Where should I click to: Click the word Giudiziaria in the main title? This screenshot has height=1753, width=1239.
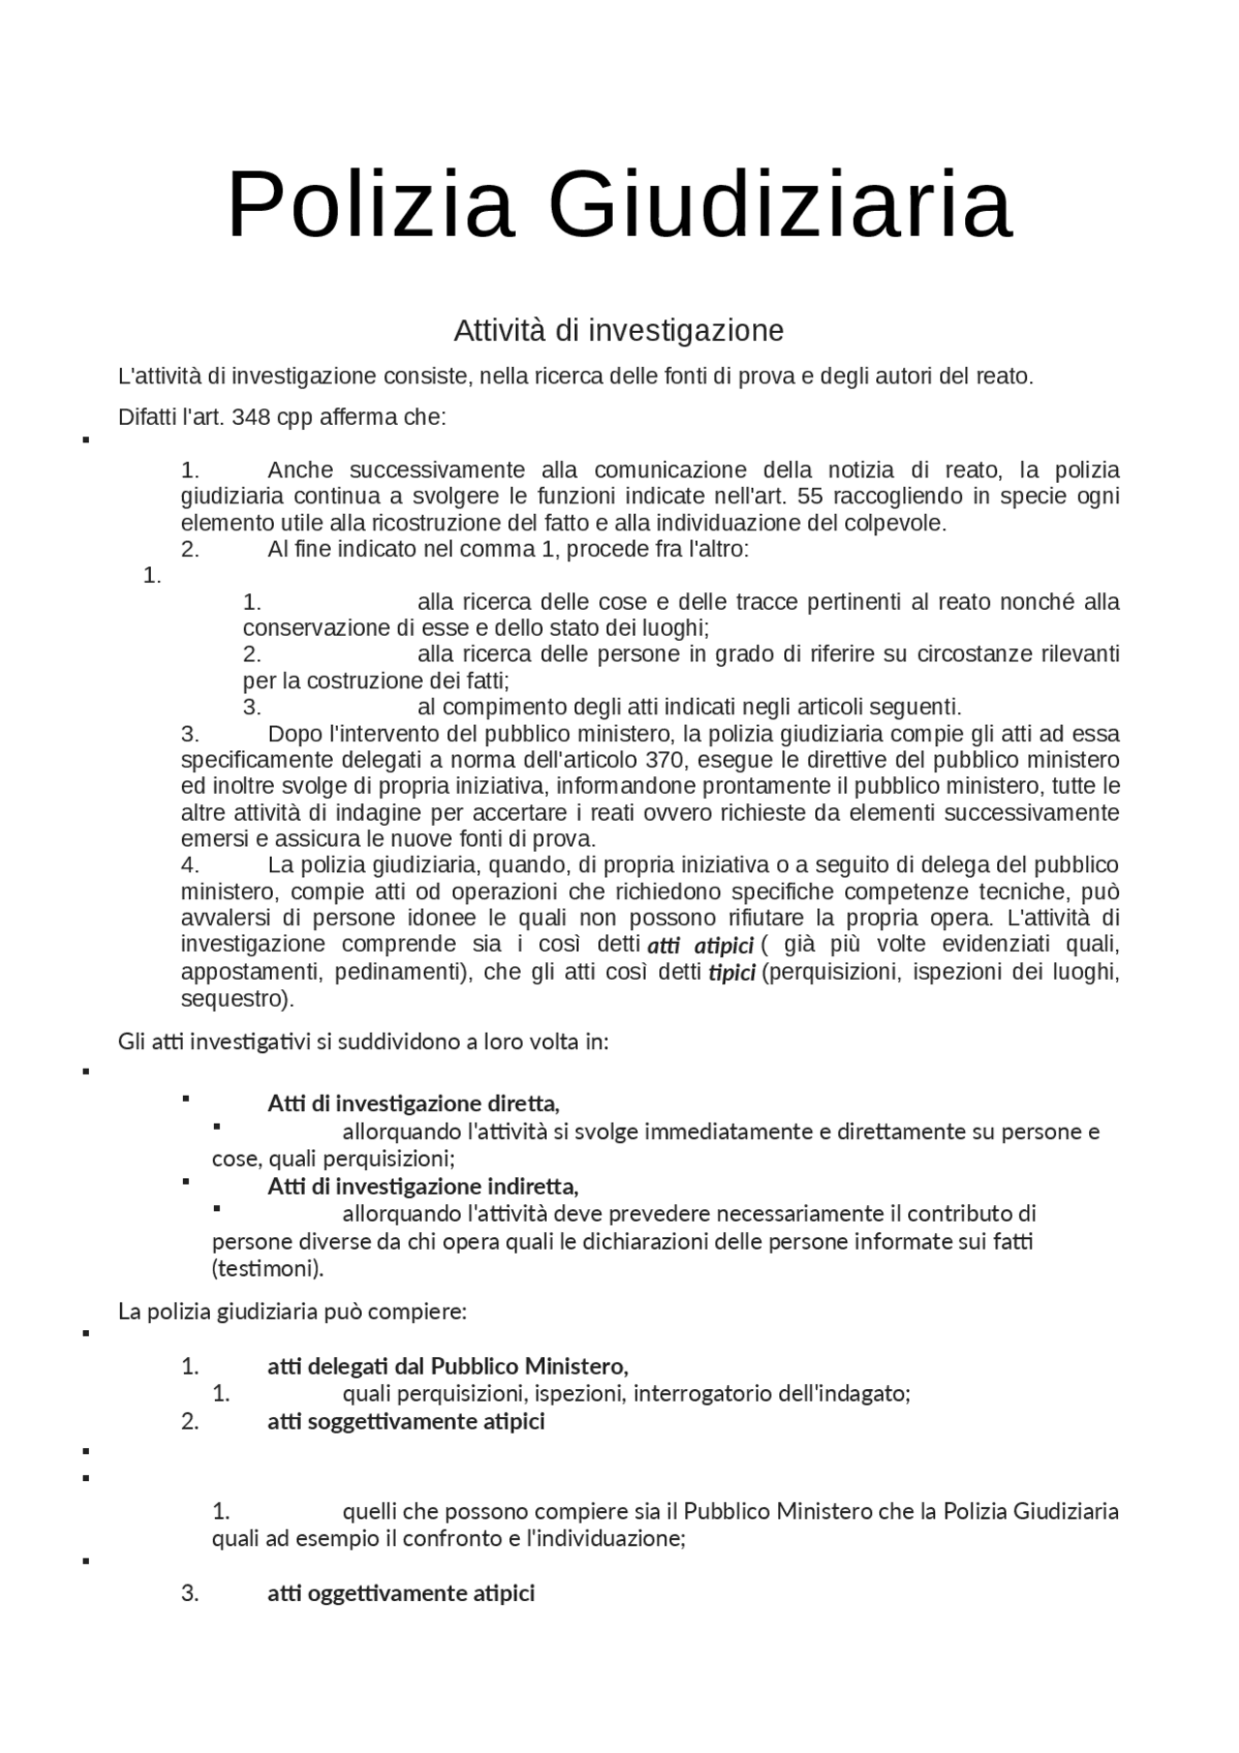coord(780,205)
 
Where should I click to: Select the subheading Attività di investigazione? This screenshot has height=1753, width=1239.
coord(619,331)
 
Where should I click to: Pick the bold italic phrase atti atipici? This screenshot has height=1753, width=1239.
coord(700,946)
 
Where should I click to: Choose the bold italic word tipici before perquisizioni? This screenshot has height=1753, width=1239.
coord(732,973)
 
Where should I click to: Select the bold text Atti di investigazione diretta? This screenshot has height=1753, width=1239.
coord(413,1103)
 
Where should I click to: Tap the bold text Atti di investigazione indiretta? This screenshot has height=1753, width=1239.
coord(423,1187)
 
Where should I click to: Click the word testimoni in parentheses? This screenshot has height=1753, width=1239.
coord(267,1269)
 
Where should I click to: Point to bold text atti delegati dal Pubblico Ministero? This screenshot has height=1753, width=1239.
coord(447,1367)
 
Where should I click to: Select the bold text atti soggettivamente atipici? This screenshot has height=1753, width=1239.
coord(406,1422)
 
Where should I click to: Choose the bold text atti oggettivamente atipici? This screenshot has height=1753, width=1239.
coord(401,1593)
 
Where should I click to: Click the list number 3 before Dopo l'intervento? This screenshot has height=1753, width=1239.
coord(190,734)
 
